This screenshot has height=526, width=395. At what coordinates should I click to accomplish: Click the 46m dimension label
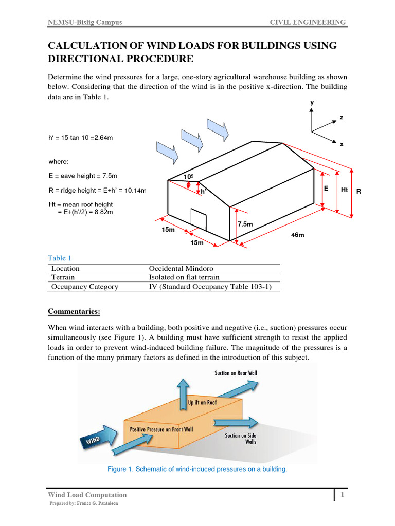(x=298, y=235)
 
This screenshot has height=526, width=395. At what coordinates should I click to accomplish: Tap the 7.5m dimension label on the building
(x=245, y=224)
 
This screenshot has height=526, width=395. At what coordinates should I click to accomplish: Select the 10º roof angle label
(x=189, y=177)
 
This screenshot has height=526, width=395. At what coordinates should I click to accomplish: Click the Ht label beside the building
(x=345, y=190)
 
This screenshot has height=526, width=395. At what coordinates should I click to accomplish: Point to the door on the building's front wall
(x=199, y=219)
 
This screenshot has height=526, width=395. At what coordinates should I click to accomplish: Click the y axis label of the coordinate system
(x=312, y=102)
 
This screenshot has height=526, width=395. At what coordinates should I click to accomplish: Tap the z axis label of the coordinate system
(x=340, y=117)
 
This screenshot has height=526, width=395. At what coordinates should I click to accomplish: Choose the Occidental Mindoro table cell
(x=181, y=268)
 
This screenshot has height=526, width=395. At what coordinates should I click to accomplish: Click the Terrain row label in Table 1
(x=63, y=277)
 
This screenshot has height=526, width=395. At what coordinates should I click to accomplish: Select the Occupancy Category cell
(x=84, y=287)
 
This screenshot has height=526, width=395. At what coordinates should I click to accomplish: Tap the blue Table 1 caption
(x=60, y=258)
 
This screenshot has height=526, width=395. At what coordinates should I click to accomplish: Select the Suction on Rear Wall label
(x=236, y=373)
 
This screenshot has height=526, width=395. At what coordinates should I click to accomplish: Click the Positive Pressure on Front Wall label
(x=161, y=429)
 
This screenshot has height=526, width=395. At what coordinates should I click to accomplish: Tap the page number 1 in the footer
(x=342, y=494)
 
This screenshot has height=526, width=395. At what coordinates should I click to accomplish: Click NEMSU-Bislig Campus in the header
(x=85, y=22)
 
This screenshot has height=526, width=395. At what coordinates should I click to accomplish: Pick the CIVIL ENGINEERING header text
(x=308, y=22)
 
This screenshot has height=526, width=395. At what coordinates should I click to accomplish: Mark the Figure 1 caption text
(x=197, y=469)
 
